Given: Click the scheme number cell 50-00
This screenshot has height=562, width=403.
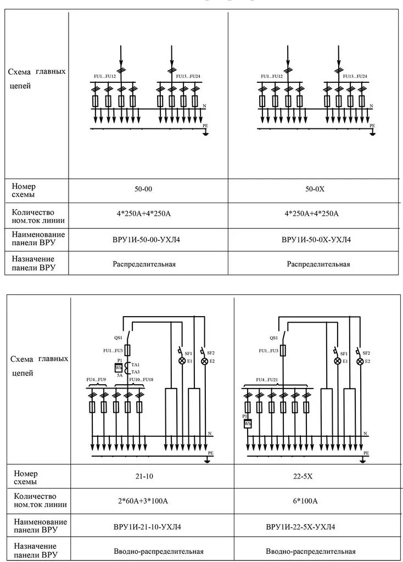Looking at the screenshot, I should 144,189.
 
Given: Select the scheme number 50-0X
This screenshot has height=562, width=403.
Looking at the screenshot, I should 316,189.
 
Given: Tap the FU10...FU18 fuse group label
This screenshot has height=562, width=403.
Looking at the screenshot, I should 141,379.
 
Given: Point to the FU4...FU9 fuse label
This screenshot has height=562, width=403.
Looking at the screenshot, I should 96,379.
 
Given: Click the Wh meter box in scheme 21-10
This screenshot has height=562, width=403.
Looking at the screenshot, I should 118,368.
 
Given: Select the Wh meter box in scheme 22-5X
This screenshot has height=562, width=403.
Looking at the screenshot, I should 248,424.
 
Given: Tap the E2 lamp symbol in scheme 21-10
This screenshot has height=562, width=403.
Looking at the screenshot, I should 204,362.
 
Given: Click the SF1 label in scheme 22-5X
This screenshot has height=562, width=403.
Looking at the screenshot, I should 344,353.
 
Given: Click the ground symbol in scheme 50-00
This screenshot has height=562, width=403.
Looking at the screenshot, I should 205,132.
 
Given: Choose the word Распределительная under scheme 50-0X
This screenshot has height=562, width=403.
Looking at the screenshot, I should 318,264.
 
